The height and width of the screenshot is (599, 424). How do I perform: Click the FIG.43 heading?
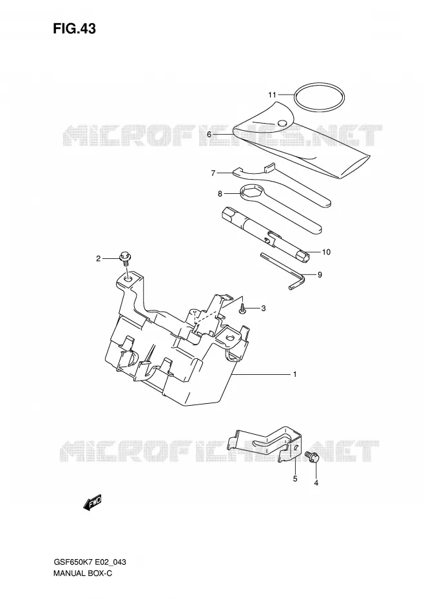click(75, 28)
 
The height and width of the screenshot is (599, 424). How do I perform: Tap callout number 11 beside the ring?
click(272, 95)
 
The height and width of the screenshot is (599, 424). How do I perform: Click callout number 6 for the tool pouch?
click(209, 135)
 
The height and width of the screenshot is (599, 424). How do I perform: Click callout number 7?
click(213, 173)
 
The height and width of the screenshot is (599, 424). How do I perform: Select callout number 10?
click(326, 252)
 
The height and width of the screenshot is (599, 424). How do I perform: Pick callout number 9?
click(320, 274)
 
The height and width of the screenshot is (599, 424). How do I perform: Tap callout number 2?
click(98, 259)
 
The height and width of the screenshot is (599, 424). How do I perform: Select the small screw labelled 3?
click(243, 309)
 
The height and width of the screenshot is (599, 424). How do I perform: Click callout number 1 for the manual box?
click(294, 374)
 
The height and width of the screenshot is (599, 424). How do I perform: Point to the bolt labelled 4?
click(311, 457)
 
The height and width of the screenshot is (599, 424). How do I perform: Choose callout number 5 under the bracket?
click(295, 479)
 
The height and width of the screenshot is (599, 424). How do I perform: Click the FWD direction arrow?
click(93, 503)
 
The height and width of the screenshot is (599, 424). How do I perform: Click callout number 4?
click(316, 483)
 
